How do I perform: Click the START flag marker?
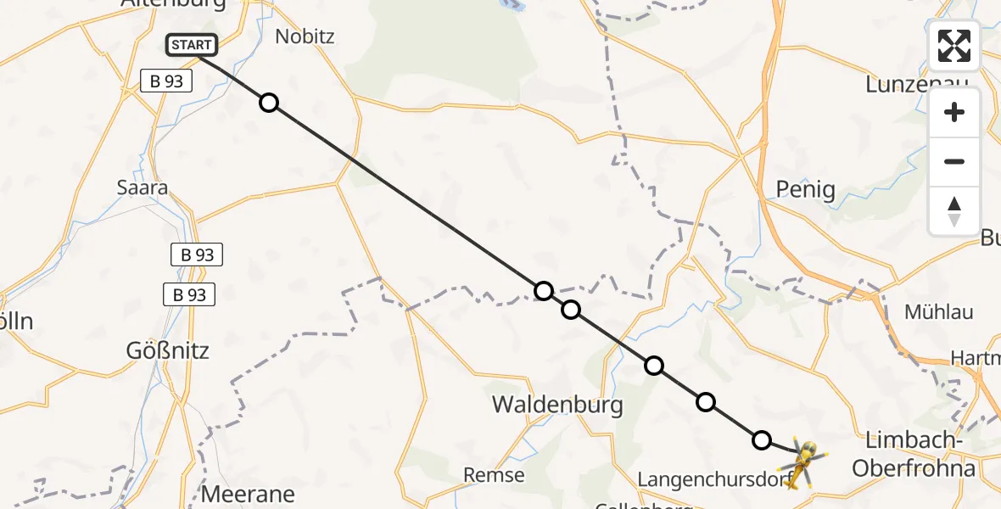[x=192, y=45]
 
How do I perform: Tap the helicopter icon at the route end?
[x=801, y=462]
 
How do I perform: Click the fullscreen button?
[x=954, y=46]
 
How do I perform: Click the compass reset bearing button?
[x=954, y=211]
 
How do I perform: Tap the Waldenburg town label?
[x=557, y=406]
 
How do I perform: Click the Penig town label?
[x=805, y=190]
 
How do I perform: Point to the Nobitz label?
[x=305, y=36]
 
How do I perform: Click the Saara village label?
[x=143, y=187]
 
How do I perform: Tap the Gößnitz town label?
[x=167, y=350]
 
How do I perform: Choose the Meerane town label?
[x=248, y=494]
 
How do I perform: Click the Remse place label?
[x=494, y=475]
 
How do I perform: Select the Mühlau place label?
[x=938, y=311]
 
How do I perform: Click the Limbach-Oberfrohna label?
[x=918, y=454]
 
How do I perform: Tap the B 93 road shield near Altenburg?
[x=166, y=81]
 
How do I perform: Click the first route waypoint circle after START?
[x=269, y=103]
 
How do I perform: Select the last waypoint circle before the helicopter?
[x=762, y=439]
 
